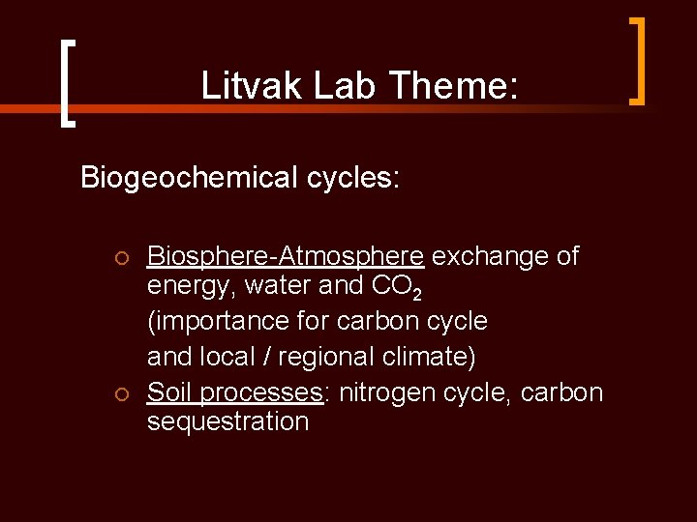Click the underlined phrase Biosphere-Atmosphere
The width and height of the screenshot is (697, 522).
(x=285, y=256)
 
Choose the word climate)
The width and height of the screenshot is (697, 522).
(x=431, y=356)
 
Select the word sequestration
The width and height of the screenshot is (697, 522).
(x=227, y=421)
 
